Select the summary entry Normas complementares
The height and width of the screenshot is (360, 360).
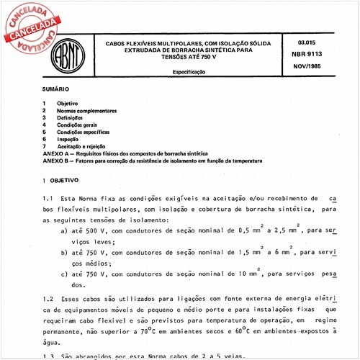[x=86, y=111]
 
